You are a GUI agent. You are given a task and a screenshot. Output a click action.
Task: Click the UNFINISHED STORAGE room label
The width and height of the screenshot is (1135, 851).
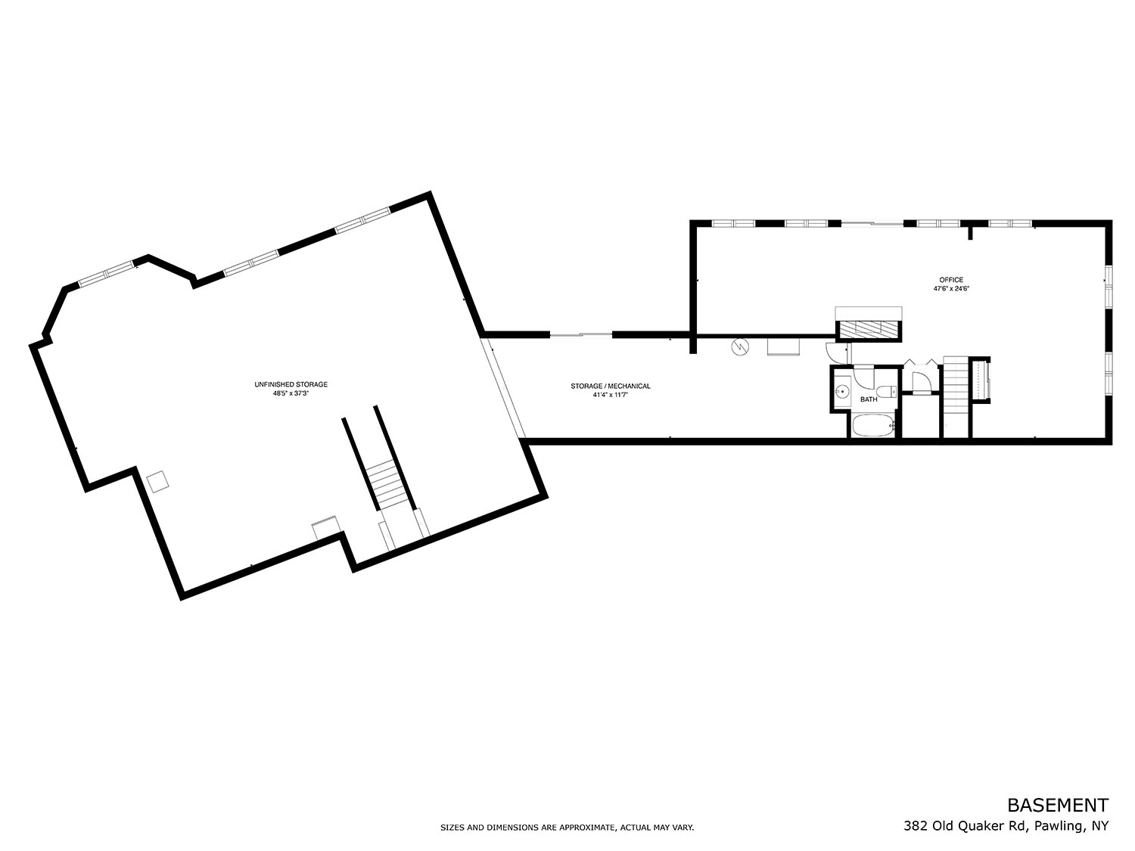(291, 384)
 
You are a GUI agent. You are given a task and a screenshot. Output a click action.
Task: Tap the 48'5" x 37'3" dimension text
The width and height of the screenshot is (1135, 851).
(291, 393)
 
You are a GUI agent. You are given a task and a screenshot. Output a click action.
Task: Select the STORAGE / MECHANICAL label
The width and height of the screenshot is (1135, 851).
(610, 386)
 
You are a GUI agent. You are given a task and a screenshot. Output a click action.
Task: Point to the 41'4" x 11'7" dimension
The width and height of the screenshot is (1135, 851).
(610, 395)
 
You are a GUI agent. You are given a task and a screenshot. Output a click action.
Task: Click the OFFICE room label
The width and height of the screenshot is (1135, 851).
(951, 280)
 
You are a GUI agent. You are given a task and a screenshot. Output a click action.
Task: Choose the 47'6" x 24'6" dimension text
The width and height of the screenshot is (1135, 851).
(951, 289)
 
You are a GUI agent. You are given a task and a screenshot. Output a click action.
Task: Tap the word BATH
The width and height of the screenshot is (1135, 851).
(869, 399)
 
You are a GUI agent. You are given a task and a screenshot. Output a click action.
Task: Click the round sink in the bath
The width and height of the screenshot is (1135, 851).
(842, 392)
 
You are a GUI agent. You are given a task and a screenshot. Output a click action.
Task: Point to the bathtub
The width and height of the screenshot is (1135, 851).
(873, 425)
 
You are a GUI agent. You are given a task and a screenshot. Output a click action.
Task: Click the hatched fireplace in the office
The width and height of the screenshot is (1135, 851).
(869, 329)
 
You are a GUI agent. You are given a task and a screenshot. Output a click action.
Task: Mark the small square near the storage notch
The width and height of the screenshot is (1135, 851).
(157, 481)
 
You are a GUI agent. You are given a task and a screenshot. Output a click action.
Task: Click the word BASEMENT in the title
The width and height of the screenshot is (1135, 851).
(1057, 805)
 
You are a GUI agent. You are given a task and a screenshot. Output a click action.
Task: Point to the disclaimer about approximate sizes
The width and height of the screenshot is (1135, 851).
(567, 828)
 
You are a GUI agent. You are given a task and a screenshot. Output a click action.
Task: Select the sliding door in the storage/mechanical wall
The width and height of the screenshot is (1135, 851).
(580, 335)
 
